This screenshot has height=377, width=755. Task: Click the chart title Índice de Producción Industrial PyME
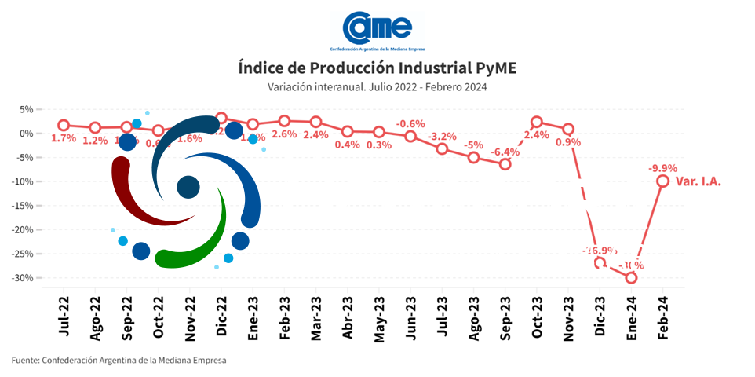click(x=377, y=68)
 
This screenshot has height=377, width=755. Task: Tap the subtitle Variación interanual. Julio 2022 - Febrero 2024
click(x=377, y=86)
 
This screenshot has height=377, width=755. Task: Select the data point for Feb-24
click(x=663, y=181)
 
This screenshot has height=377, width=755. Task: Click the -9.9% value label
click(x=662, y=167)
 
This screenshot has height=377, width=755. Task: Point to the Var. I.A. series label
click(x=698, y=181)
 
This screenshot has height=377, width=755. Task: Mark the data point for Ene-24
click(x=631, y=277)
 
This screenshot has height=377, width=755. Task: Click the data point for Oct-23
click(x=537, y=122)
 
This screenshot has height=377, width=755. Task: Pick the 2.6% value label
click(x=284, y=134)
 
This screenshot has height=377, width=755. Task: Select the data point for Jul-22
click(x=64, y=125)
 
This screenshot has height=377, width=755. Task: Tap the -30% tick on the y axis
click(x=25, y=278)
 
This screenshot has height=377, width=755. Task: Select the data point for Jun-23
click(x=410, y=136)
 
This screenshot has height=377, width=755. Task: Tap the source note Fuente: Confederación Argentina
click(x=119, y=361)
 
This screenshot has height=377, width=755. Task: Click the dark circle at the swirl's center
click(x=188, y=187)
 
